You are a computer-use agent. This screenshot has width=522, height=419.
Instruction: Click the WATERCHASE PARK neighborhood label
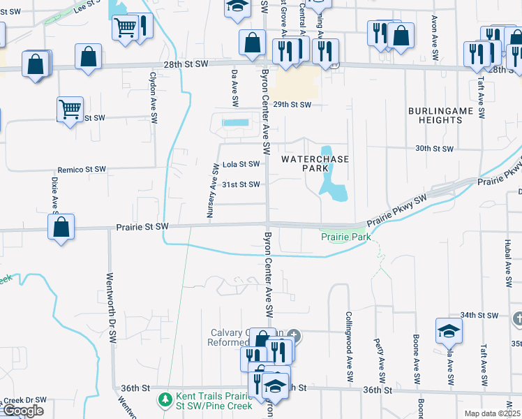(x=304, y=163)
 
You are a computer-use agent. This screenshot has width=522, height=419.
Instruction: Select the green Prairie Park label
(x=345, y=237)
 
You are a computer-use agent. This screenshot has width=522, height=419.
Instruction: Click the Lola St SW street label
(x=241, y=165)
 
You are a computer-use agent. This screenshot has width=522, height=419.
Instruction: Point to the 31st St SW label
(x=241, y=184)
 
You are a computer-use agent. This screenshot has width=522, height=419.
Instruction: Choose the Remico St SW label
(x=82, y=170)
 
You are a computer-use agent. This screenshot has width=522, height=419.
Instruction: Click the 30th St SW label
(x=434, y=149)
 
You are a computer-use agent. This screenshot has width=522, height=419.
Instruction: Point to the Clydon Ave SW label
(x=153, y=97)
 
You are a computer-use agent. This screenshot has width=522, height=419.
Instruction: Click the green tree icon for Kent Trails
(x=165, y=400)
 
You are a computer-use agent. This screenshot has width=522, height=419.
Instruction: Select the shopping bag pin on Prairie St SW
(x=61, y=227)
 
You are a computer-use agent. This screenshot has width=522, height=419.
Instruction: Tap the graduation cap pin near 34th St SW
(x=448, y=330)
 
